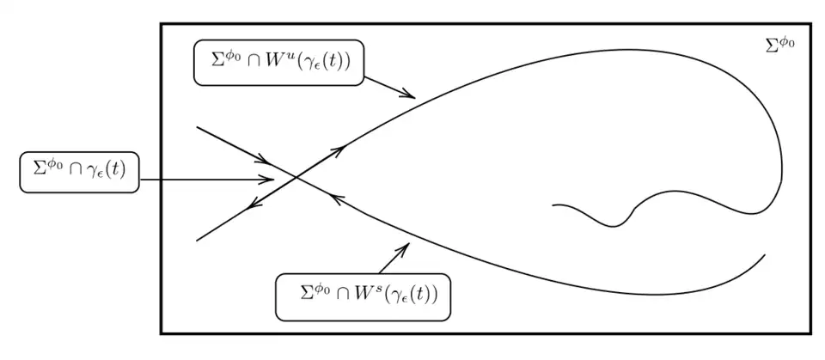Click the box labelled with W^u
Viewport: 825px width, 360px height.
[x=279, y=63]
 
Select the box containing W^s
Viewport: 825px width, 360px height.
[x=363, y=296]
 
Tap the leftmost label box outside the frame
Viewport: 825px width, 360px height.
[x=78, y=171]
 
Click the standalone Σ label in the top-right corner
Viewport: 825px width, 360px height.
[x=779, y=44]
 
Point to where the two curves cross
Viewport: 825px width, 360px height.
[x=296, y=178]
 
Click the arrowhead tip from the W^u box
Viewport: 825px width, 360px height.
[x=415, y=97]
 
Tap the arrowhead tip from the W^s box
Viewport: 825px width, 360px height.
[x=408, y=244]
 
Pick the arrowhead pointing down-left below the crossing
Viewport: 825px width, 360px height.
[x=249, y=208]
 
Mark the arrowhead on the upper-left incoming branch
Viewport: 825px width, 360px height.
[x=268, y=162]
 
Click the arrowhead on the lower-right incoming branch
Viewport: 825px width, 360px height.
[x=332, y=199]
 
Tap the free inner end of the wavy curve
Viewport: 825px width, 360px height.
[x=553, y=205]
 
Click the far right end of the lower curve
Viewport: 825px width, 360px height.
[x=764, y=254]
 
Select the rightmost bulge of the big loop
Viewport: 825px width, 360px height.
[x=781, y=163]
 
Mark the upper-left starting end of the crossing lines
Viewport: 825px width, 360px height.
[x=198, y=127]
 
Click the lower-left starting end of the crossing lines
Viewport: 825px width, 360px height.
[x=197, y=241]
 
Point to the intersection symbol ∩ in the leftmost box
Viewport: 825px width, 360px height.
[x=75, y=172]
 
